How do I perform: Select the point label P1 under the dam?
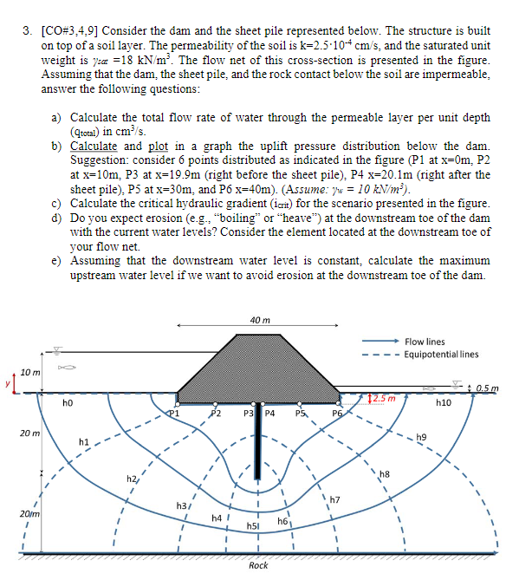(174, 414)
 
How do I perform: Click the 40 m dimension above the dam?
(259, 320)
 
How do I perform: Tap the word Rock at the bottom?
(258, 565)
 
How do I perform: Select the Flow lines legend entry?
(425, 342)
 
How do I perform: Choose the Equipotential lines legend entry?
(440, 354)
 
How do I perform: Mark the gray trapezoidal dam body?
(259, 364)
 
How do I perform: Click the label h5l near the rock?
(254, 525)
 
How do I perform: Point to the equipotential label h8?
(386, 473)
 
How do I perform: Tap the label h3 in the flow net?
(182, 505)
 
